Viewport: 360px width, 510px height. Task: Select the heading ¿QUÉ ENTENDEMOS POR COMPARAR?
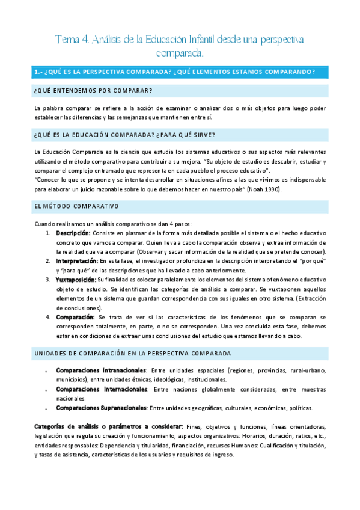pos(93,91)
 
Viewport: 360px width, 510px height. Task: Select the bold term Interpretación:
pos(77,261)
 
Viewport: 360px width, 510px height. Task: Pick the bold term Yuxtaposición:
pos(76,280)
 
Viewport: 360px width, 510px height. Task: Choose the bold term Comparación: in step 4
pos(75,317)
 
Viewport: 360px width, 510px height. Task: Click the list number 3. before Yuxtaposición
pos(48,280)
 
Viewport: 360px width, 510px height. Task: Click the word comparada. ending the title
pos(180,54)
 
